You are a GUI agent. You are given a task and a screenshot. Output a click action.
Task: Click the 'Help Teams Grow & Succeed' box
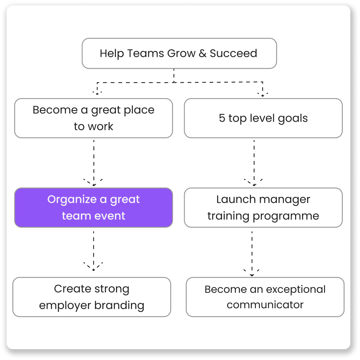pos(179,53)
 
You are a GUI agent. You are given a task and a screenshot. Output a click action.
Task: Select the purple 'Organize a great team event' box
pos(93,207)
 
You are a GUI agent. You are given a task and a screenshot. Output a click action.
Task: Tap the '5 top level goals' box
pos(263,118)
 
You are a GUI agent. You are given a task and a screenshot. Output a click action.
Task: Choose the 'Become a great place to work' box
pos(93,118)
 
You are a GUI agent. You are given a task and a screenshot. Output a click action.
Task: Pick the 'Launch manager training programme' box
pos(263,207)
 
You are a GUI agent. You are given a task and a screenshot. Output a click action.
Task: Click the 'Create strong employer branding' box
pos(92,297)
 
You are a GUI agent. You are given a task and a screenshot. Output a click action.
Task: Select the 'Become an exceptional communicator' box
pos(265,297)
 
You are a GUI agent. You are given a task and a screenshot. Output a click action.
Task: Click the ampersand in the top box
pos(202,54)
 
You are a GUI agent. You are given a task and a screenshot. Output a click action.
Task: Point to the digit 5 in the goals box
pos(222,118)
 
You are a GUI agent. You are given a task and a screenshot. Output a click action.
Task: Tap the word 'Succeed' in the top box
pos(233,53)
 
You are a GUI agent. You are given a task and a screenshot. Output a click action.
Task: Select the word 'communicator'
pos(265,305)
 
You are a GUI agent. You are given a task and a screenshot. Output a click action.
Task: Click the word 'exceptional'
pos(296,289)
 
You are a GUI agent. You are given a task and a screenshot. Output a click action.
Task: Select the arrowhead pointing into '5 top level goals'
pos(263,94)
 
